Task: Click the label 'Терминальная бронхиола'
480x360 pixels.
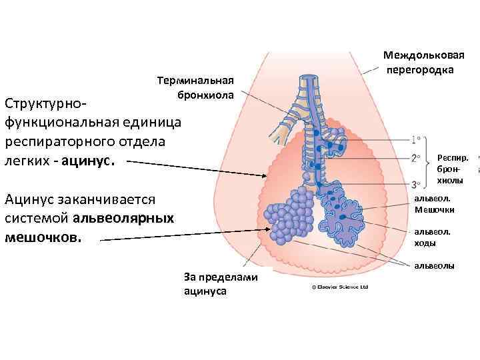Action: tap(195, 88)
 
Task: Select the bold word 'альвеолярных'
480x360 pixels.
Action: tap(123, 218)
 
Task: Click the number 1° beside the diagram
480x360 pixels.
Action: tap(417, 140)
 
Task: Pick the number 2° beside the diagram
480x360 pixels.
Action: tap(417, 159)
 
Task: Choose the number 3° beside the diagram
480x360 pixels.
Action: tap(417, 184)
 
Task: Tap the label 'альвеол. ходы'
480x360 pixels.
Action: tap(433, 237)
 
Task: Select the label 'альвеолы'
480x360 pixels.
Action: tap(435, 266)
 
